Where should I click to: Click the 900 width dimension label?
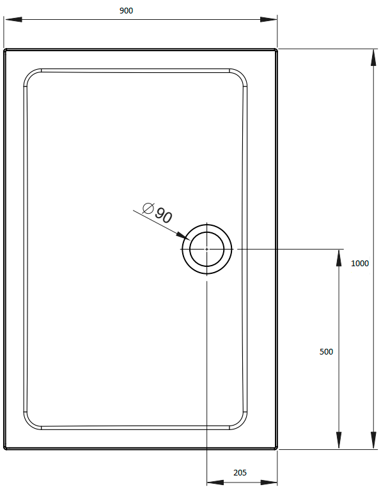(x=126, y=11)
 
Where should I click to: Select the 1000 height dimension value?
(x=360, y=263)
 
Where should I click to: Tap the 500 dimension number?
(x=326, y=351)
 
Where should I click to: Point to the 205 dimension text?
(x=240, y=473)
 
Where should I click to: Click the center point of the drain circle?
(x=207, y=249)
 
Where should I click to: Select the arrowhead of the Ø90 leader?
(x=183, y=237)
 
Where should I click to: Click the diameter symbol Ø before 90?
(x=148, y=208)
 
